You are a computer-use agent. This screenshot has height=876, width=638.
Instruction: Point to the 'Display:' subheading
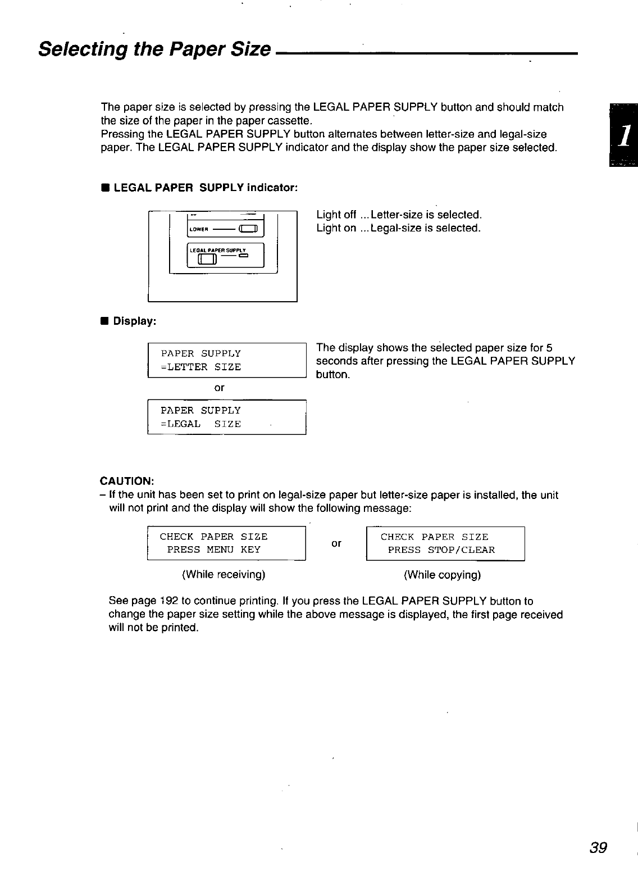pyautogui.click(x=134, y=321)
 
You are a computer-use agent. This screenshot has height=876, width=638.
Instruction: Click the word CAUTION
pyautogui.click(x=126, y=482)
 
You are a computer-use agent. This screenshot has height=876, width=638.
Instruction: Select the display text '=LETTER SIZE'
pyautogui.click(x=200, y=367)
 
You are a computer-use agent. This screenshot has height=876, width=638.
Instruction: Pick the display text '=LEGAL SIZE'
pyautogui.click(x=200, y=424)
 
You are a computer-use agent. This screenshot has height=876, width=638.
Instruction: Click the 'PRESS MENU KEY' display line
pyautogui.click(x=213, y=550)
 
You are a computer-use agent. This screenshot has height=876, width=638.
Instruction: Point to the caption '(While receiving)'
pyautogui.click(x=223, y=575)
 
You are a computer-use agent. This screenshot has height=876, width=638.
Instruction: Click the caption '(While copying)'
pyautogui.click(x=442, y=575)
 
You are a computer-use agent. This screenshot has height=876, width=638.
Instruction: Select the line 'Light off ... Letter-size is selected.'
pyautogui.click(x=399, y=215)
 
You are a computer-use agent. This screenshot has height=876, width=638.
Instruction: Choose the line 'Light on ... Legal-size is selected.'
pyautogui.click(x=398, y=229)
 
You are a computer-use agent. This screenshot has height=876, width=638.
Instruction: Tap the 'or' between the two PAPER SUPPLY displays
pyautogui.click(x=220, y=388)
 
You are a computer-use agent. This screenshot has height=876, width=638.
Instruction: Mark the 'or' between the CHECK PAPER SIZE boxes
pyautogui.click(x=336, y=543)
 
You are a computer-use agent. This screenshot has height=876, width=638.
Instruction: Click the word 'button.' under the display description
pyautogui.click(x=333, y=375)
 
